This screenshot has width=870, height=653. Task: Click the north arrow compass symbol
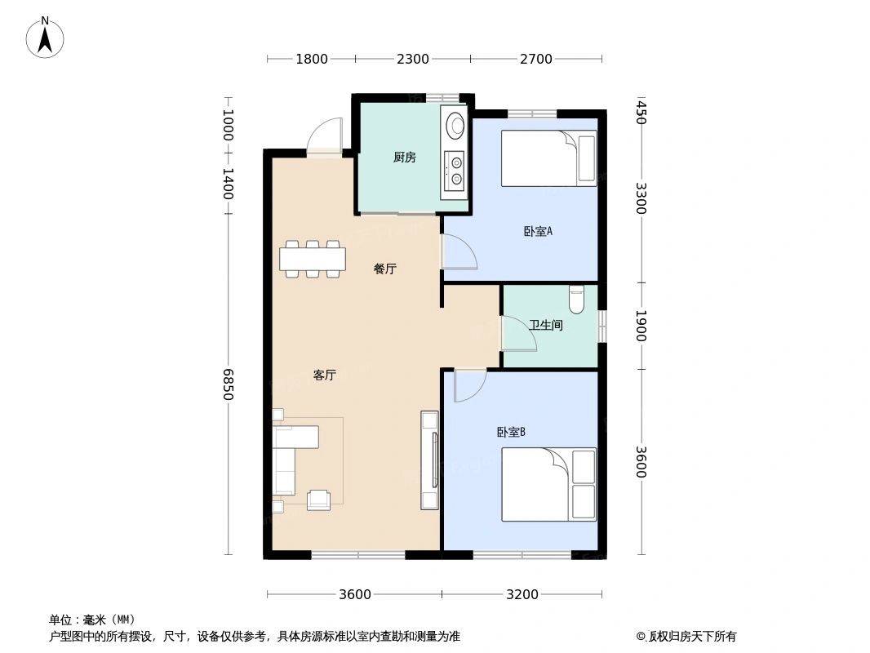pos(45,38)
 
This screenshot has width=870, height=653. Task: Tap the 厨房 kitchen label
pos(405,158)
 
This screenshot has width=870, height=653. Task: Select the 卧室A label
pos(538,231)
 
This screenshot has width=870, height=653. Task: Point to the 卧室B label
pos(511,432)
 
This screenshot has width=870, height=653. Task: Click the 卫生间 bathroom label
pos(545,325)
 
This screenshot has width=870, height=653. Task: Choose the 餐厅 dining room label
pos(385,269)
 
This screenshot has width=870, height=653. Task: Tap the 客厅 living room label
pos(325,375)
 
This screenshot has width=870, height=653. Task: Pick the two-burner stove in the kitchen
pos(455,171)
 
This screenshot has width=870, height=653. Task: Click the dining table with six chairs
pos(313,259)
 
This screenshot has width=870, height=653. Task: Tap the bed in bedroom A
pos(548,158)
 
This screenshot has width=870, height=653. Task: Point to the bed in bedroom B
pos(548,484)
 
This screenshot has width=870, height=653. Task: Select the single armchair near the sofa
pos(319,500)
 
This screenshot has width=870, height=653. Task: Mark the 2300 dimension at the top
pos(413,59)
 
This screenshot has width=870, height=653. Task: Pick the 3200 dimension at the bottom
pos(522,595)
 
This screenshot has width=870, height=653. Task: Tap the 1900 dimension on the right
pos(641,326)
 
